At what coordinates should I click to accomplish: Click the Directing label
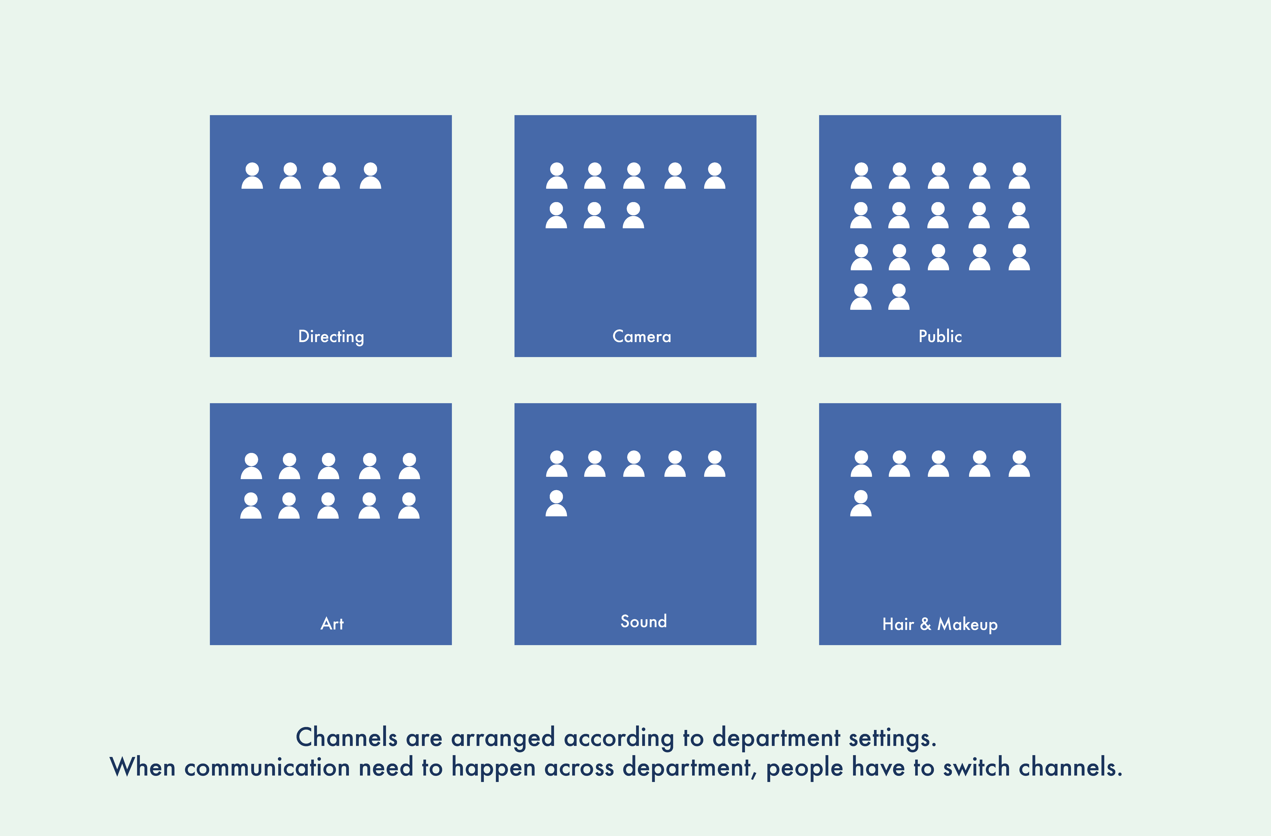pyautogui.click(x=331, y=336)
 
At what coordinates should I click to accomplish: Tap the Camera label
pyautogui.click(x=641, y=336)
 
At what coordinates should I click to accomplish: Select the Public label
pyautogui.click(x=940, y=336)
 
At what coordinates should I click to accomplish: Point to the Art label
pyautogui.click(x=332, y=624)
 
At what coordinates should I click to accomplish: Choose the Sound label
pyautogui.click(x=643, y=621)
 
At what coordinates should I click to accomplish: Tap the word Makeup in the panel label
pyautogui.click(x=967, y=624)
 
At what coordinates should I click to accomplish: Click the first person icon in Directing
pyautogui.click(x=252, y=176)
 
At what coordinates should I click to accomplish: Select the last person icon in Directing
pyautogui.click(x=370, y=176)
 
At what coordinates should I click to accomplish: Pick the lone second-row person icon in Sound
pyautogui.click(x=557, y=503)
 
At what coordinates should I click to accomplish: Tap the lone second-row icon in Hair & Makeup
pyautogui.click(x=861, y=503)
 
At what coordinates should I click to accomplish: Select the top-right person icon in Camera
pyautogui.click(x=714, y=176)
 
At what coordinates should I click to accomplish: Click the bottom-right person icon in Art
pyautogui.click(x=409, y=506)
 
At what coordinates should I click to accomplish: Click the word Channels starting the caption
pyautogui.click(x=347, y=738)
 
